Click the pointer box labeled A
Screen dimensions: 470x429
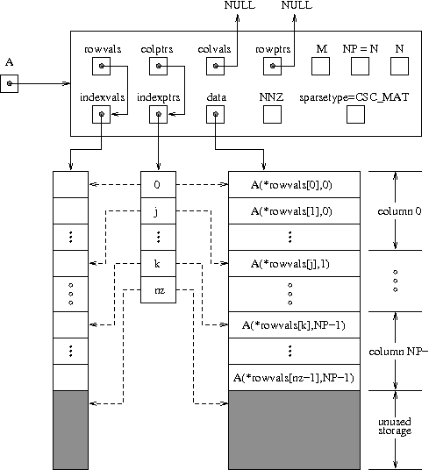click(10, 82)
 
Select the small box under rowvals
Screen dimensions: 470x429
click(102, 66)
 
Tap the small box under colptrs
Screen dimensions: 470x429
click(159, 66)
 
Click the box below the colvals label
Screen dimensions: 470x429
click(216, 66)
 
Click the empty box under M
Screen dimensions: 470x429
click(321, 66)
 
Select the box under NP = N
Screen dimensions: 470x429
click(359, 66)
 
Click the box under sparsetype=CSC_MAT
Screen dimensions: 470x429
click(355, 114)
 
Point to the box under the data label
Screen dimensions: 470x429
click(216, 114)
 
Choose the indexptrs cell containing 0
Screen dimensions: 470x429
click(158, 184)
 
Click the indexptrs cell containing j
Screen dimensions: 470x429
click(158, 210)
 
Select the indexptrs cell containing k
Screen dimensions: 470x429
click(158, 263)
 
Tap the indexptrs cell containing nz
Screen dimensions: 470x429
click(158, 289)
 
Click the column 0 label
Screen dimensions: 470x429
click(398, 210)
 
